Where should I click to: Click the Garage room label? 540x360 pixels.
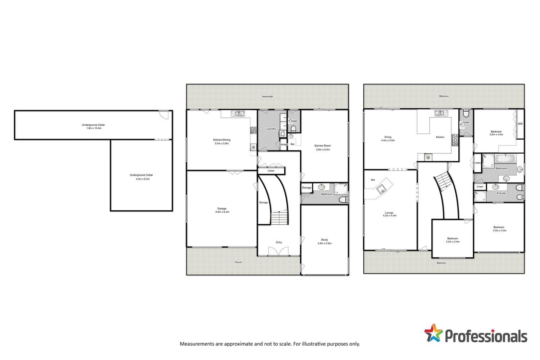(222, 210)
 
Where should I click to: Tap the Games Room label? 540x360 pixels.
(323, 148)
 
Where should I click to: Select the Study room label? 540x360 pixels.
(324, 242)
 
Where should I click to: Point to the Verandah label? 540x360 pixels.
(267, 96)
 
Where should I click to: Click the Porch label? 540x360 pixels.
(238, 262)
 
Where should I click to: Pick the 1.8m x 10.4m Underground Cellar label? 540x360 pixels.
(93, 127)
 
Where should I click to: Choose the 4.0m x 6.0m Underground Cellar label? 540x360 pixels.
(141, 177)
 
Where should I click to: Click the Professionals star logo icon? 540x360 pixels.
(433, 333)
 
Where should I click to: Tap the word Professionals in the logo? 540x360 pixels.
(486, 336)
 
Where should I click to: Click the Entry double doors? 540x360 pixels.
(278, 251)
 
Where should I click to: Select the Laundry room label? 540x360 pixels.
(271, 129)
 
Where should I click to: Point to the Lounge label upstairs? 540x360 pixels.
(389, 214)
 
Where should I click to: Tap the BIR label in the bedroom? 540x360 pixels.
(520, 124)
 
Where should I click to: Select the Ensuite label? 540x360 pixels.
(501, 193)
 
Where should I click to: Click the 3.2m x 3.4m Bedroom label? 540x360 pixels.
(453, 240)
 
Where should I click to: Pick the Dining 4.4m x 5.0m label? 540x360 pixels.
(388, 139)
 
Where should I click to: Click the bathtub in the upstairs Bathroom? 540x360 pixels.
(505, 158)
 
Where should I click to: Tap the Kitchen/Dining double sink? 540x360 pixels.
(237, 114)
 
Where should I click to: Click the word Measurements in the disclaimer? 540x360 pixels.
(197, 344)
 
